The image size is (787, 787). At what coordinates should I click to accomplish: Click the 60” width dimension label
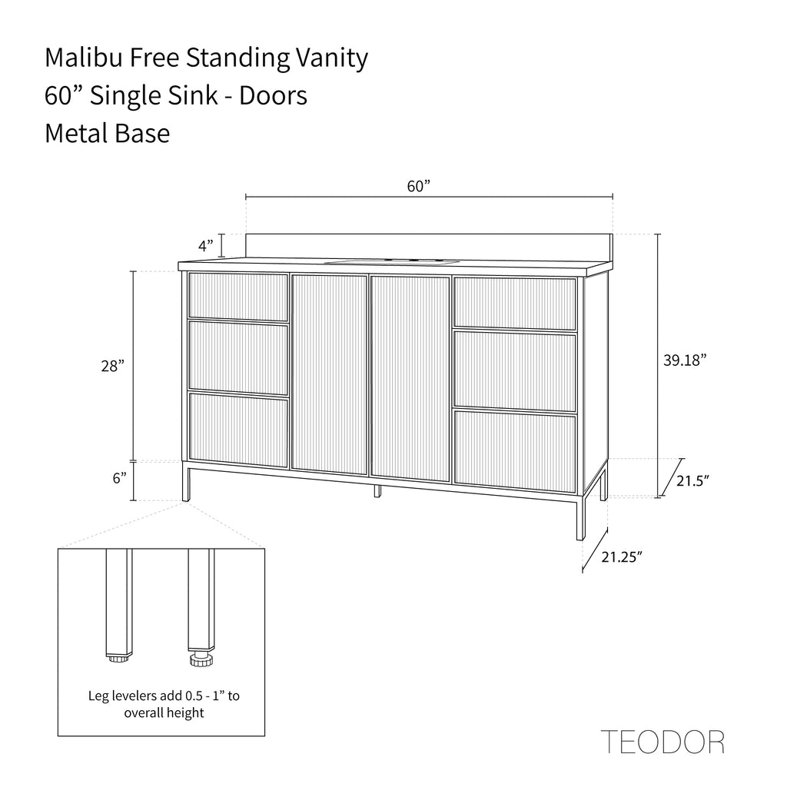419,186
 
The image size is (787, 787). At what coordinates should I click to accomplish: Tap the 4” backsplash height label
206,246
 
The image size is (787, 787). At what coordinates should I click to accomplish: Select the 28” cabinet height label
112,366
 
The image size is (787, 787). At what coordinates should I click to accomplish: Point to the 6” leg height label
119,478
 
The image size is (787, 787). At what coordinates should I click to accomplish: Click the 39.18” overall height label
685,360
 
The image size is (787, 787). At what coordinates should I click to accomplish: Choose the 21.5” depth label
692,480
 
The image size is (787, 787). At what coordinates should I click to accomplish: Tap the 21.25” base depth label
622,556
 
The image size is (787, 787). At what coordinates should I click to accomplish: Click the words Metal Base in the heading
108,134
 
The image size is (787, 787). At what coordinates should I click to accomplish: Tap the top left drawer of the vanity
238,296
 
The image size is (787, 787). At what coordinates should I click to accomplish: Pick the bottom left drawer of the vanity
238,430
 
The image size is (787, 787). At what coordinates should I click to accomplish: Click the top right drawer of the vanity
514,304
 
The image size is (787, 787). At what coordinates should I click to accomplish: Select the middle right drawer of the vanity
514,371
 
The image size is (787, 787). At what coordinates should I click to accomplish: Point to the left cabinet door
329,374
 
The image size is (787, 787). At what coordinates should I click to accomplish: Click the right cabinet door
410,378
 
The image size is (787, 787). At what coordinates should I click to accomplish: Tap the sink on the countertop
392,261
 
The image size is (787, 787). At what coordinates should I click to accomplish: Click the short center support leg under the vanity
377,491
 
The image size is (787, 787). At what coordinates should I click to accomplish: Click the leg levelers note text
164,704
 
